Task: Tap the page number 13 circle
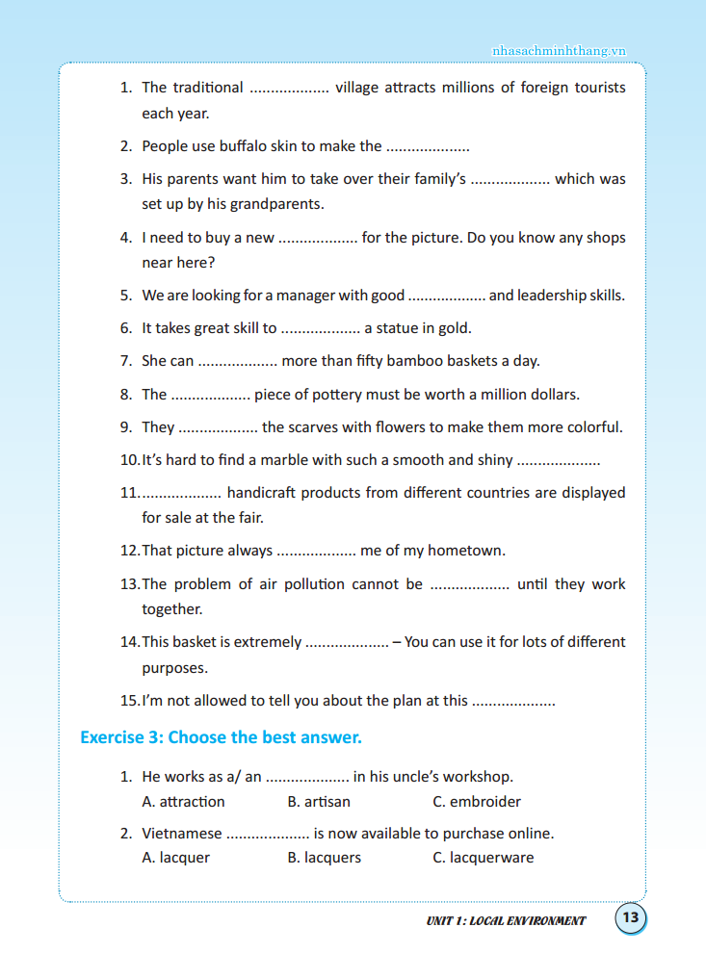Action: pos(630,917)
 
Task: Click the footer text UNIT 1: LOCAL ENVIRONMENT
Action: pos(506,920)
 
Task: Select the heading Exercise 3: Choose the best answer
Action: pos(221,737)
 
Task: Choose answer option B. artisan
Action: pos(319,801)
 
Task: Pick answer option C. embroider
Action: pos(477,801)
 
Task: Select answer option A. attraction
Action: pos(183,801)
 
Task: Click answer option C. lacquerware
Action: pos(483,857)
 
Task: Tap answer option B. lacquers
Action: pos(324,857)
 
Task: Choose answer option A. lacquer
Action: pos(175,857)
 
